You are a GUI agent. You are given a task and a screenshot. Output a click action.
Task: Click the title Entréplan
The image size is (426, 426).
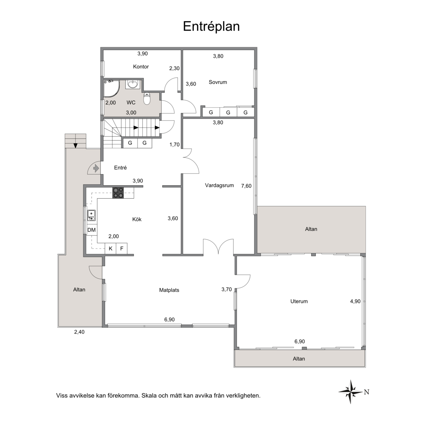click(x=211, y=27)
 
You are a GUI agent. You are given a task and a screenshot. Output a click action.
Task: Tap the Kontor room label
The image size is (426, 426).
click(x=141, y=67)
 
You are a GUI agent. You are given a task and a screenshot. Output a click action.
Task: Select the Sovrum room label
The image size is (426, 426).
click(x=217, y=82)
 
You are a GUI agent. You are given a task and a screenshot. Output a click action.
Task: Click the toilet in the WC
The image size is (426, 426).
click(x=147, y=99)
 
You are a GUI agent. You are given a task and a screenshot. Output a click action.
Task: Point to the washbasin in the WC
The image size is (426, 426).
click(x=133, y=84)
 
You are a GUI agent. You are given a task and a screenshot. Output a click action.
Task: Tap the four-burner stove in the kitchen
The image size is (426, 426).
click(x=118, y=193)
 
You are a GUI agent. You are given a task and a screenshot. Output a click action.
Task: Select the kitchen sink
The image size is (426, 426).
click(x=91, y=215)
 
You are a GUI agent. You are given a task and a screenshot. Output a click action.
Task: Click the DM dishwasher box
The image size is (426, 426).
click(x=92, y=230)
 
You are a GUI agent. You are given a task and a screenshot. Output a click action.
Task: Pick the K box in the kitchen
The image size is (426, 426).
click(x=111, y=248)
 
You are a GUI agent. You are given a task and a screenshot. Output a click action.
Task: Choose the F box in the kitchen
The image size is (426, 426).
click(x=122, y=248)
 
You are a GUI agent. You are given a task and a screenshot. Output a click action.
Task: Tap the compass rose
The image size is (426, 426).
click(x=351, y=392)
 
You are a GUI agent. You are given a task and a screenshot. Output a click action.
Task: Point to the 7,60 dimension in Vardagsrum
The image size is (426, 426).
click(x=246, y=186)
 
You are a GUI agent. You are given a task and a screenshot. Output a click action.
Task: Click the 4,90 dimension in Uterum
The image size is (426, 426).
click(x=355, y=301)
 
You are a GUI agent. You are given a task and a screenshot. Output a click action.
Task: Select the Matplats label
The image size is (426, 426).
click(x=169, y=290)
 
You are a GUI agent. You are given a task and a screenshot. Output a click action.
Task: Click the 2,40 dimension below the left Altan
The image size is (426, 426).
click(x=80, y=332)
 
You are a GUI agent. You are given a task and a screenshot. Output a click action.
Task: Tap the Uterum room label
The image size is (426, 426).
click(x=299, y=301)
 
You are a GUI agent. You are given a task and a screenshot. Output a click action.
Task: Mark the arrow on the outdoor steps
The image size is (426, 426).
click(x=75, y=145)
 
